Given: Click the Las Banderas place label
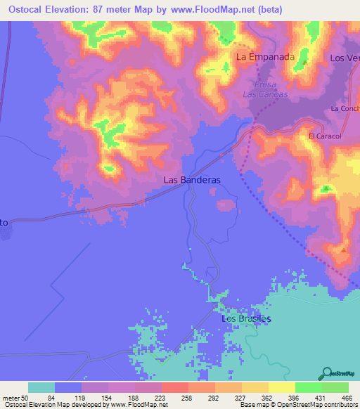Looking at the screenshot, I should [x=192, y=180].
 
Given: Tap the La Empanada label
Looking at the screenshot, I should [x=264, y=57].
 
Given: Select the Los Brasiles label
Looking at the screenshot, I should [x=246, y=318].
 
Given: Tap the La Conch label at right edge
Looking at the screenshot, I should [x=345, y=109].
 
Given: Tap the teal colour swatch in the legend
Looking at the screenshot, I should [x=41, y=387].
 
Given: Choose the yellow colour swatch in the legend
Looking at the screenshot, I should [x=282, y=387].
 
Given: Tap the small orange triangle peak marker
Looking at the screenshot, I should [x=344, y=248].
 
